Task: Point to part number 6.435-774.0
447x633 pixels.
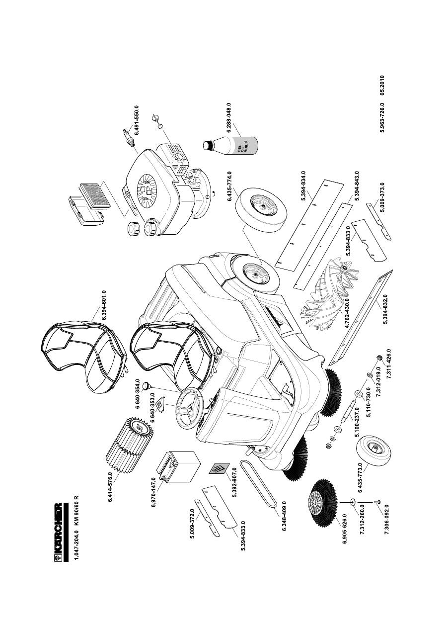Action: pos(230,185)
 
